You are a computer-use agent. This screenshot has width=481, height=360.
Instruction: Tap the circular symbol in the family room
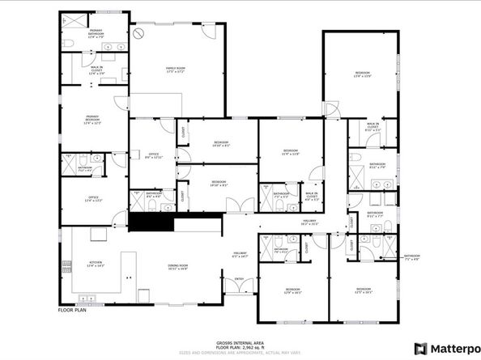[x=138, y=33]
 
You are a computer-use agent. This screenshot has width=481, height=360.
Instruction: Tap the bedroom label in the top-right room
[x=362, y=75]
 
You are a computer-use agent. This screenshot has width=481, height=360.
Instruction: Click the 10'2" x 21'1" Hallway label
[x=309, y=222]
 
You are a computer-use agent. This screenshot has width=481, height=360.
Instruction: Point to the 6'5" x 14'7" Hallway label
[x=240, y=255]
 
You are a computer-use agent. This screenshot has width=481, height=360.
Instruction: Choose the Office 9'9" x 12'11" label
[x=153, y=156]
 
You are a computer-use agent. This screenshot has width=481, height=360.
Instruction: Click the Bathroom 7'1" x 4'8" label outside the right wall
[x=413, y=257]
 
